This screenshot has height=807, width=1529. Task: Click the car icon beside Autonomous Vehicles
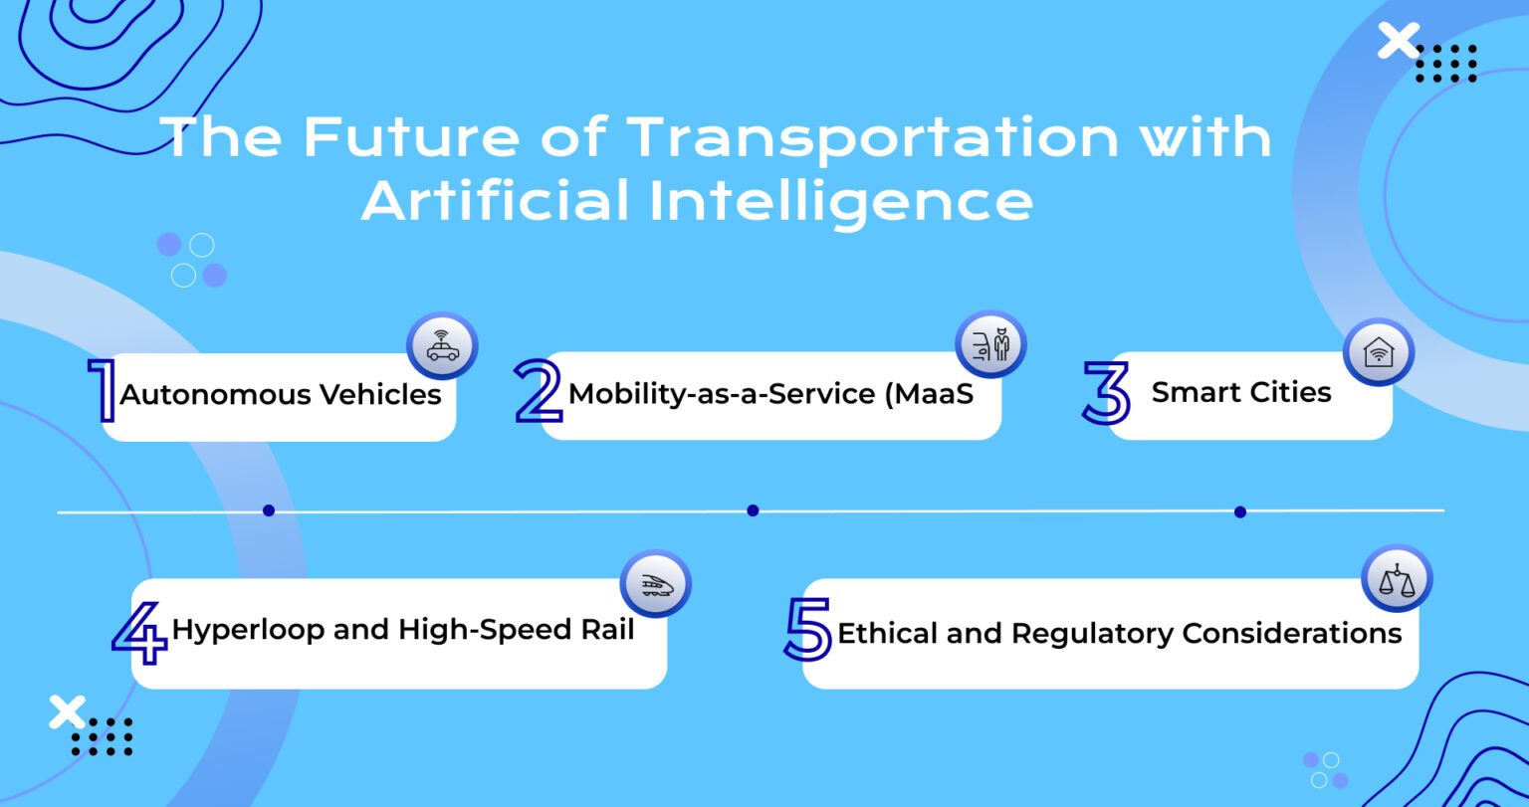[443, 347]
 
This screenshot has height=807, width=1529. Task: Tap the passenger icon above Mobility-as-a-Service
[990, 344]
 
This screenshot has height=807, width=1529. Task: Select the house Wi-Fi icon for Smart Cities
[1379, 351]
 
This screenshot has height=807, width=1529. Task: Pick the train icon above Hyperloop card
[655, 584]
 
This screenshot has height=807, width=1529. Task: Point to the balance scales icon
[1397, 579]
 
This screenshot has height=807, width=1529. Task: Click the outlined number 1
[102, 392]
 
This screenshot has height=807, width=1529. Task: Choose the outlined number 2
[539, 391]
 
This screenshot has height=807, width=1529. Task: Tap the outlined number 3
[1106, 393]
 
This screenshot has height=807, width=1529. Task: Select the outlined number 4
[139, 632]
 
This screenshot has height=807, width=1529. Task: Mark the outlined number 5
[807, 630]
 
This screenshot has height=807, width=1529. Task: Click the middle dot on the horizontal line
[753, 510]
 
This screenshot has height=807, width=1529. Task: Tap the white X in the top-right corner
[1399, 42]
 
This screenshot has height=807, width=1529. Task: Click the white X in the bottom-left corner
[67, 711]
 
